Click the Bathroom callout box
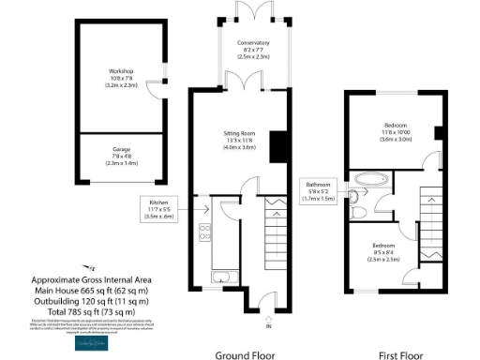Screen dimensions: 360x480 pyautogui.click(x=317, y=191)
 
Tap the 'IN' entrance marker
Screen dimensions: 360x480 pyautogui.click(x=267, y=326)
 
